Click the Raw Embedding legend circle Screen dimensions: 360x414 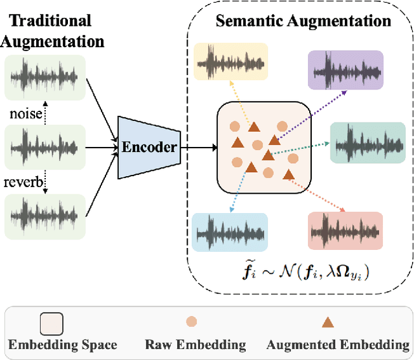coord(192,321)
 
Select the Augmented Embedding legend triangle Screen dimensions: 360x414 coord(328,321)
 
